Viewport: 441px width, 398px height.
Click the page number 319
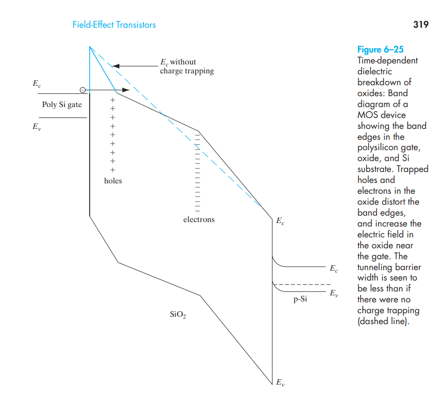420,24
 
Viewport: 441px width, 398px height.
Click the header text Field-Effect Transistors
114,25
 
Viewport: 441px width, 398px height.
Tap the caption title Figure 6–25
380,50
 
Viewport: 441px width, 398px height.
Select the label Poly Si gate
62,105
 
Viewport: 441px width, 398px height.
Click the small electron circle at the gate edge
83,90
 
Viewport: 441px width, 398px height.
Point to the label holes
113,181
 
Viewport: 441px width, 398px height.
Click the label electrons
199,220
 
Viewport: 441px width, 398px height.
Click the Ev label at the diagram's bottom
280,382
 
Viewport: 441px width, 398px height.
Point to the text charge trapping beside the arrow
187,71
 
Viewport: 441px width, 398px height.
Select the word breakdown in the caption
377,82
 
